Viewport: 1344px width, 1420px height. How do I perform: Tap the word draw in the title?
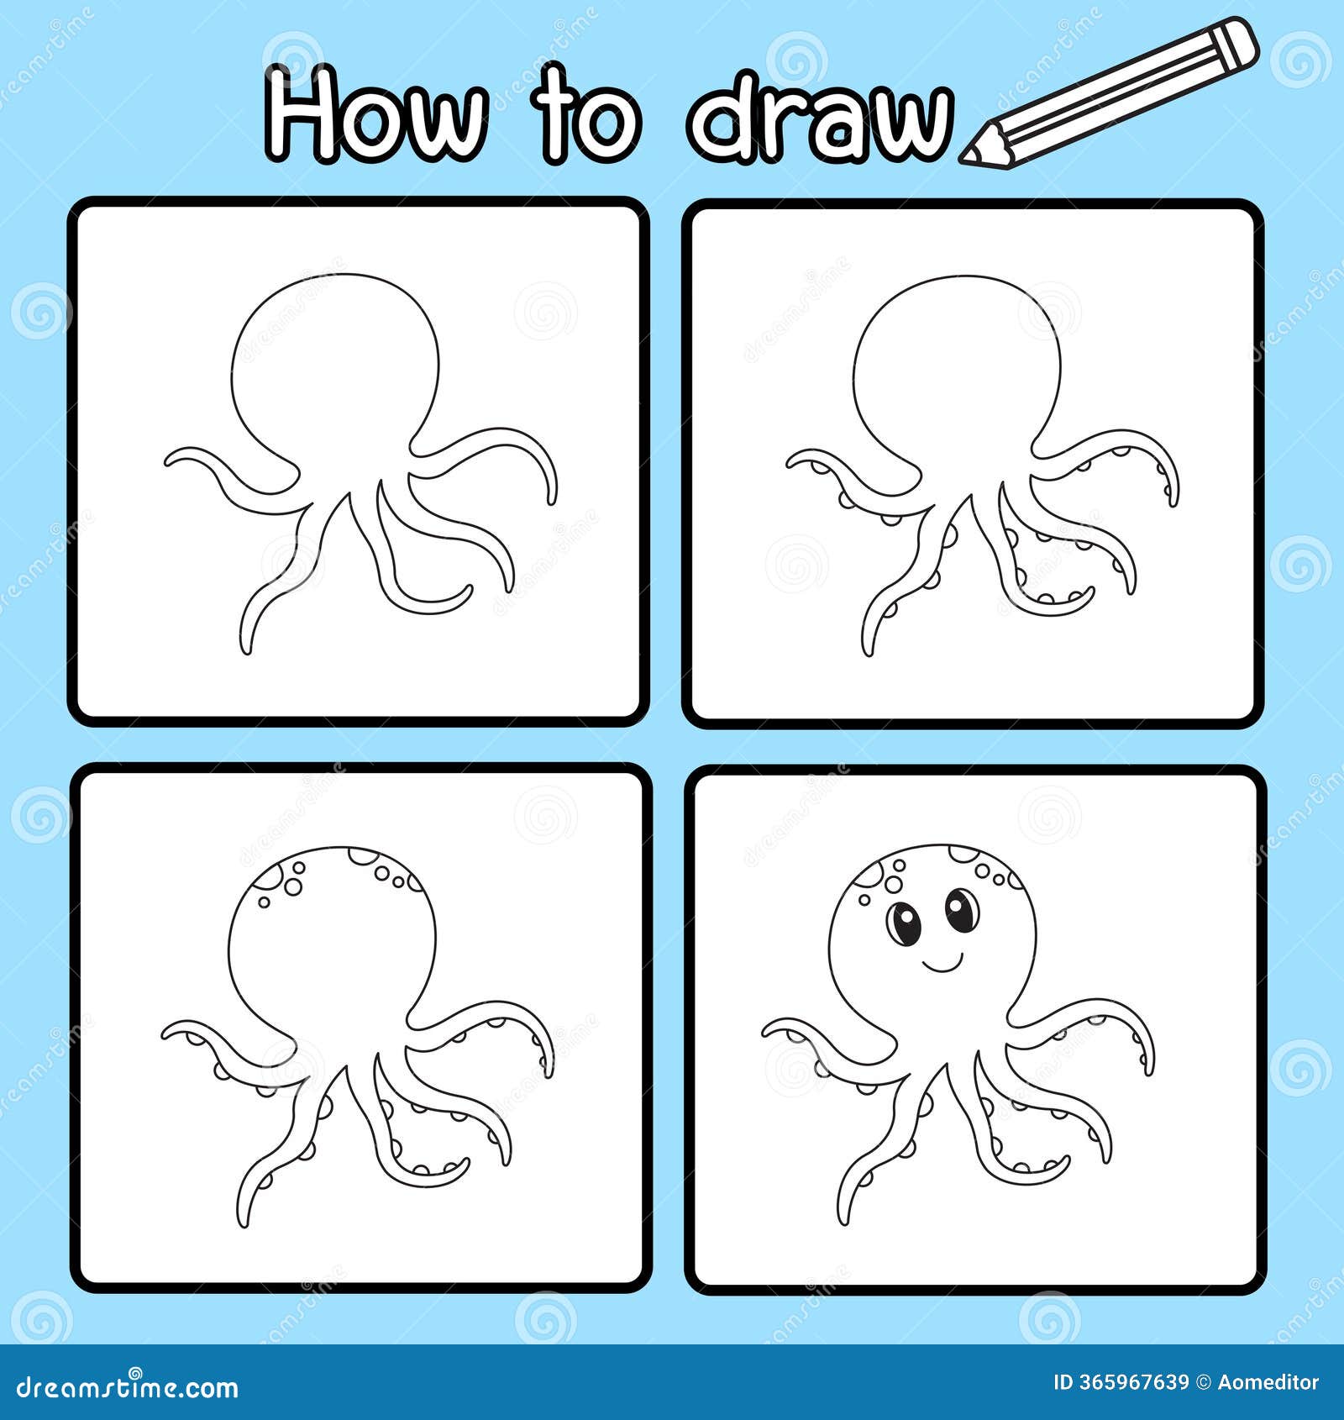tap(819, 118)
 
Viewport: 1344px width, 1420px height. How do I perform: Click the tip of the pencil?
tap(969, 156)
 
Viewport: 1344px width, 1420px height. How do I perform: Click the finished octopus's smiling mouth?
tap(942, 961)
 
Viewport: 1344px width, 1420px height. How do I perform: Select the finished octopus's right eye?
tap(961, 910)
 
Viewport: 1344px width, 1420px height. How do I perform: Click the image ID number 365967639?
tap(1133, 1382)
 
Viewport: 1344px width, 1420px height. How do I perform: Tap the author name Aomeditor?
tap(1268, 1382)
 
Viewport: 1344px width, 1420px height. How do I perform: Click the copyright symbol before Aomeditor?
tap(1203, 1382)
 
